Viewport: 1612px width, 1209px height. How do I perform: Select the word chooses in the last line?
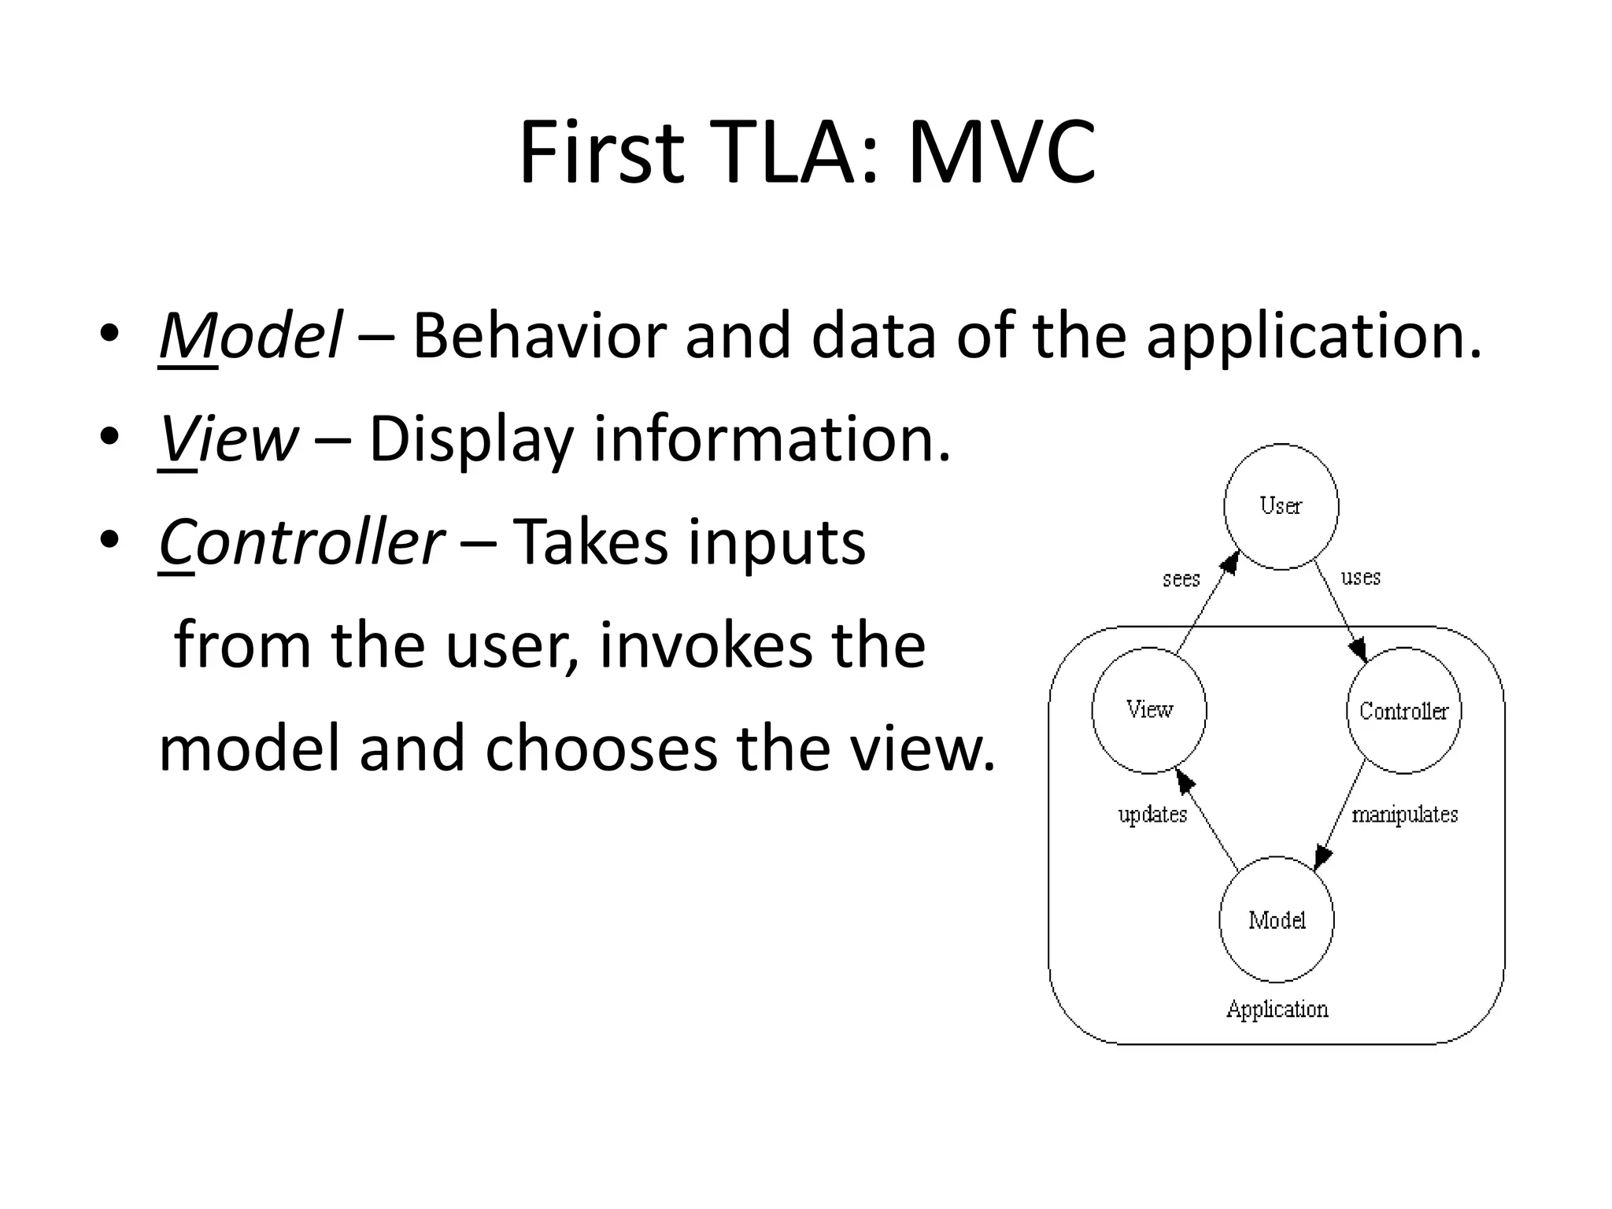coord(601,749)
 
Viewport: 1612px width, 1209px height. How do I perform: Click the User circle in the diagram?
coord(1281,507)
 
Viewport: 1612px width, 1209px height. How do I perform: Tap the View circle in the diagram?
coord(1149,710)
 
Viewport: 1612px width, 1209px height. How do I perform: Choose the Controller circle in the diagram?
coord(1403,711)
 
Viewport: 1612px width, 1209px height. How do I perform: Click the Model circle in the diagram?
coord(1277,919)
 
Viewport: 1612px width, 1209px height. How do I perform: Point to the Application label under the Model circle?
coord(1277,1009)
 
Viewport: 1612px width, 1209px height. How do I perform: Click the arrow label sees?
coord(1181,579)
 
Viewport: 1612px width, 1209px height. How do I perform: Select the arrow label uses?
coord(1360,577)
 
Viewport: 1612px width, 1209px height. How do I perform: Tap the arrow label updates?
coord(1152,814)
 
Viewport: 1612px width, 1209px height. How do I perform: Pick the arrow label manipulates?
coord(1404,814)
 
